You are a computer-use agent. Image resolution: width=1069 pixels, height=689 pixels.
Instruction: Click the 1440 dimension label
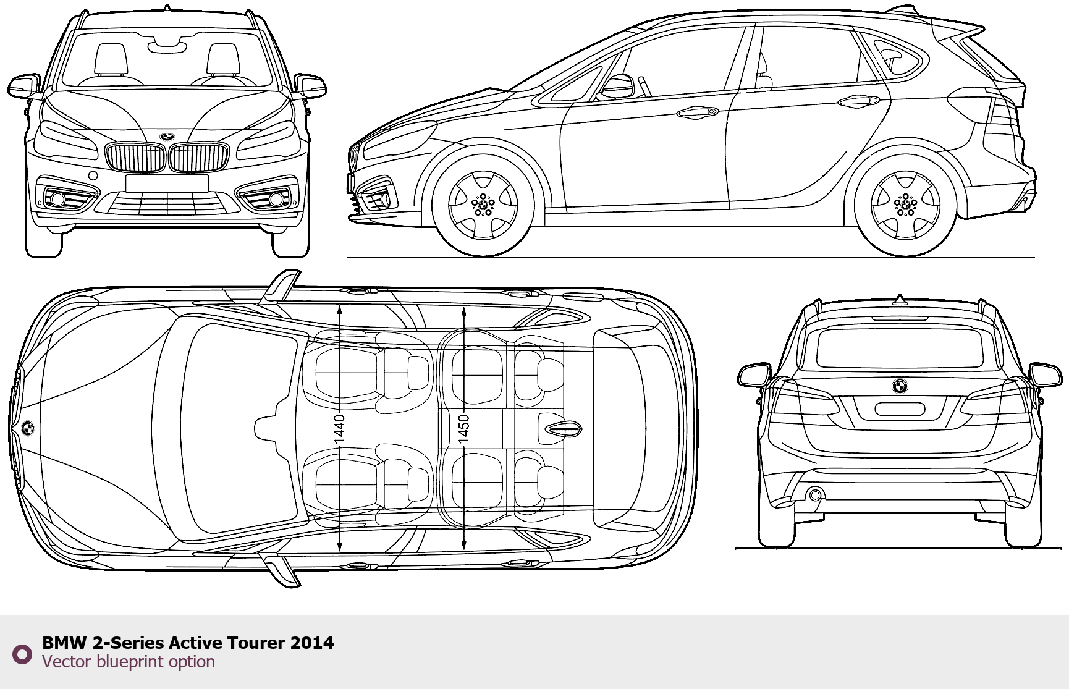tap(339, 428)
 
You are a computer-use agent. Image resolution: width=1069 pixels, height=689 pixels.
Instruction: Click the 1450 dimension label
tap(463, 428)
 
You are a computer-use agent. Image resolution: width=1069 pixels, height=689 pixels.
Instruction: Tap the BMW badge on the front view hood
tap(167, 137)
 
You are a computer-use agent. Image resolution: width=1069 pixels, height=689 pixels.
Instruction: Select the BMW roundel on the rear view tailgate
tap(900, 386)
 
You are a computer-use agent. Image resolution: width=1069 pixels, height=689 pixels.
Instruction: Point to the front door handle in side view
tap(697, 112)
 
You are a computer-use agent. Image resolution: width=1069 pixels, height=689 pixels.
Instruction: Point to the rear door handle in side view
tap(859, 100)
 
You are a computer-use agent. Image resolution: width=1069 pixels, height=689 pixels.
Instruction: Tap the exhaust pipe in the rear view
tap(815, 495)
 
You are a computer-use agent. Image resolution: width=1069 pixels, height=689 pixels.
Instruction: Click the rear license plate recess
tap(900, 408)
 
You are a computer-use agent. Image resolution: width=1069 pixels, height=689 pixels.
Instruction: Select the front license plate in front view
tap(167, 184)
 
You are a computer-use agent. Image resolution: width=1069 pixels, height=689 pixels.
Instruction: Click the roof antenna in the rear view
tap(900, 300)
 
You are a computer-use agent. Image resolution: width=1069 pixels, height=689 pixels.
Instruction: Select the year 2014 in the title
tap(312, 643)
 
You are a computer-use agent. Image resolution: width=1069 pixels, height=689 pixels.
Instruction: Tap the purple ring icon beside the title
tap(22, 654)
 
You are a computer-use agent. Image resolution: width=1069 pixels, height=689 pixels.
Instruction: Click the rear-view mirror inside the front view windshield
tap(167, 43)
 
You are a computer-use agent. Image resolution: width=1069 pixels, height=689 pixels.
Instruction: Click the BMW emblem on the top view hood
tap(28, 428)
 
